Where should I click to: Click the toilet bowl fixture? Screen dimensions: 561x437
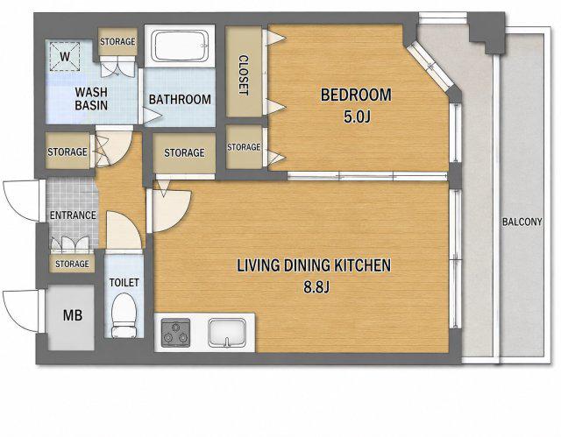click(x=124, y=315)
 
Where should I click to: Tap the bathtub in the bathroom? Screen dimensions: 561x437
click(x=180, y=46)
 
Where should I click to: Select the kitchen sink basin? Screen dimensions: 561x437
click(x=227, y=333)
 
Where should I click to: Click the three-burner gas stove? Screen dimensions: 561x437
click(x=175, y=332)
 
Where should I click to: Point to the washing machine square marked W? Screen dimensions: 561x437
click(x=65, y=56)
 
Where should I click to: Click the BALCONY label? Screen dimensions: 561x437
click(x=522, y=222)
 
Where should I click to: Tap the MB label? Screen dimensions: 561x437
click(x=73, y=315)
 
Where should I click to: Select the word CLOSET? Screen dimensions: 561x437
click(x=244, y=74)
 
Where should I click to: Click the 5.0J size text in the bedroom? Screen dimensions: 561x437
click(x=357, y=116)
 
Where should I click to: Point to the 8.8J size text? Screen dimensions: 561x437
click(x=316, y=286)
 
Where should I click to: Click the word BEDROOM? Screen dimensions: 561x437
click(x=356, y=95)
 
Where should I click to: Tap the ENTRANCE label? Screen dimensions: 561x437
click(x=73, y=215)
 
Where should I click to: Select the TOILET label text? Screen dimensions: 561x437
click(x=124, y=283)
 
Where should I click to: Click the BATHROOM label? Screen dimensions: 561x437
click(x=180, y=99)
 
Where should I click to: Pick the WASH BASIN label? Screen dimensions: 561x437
click(x=91, y=99)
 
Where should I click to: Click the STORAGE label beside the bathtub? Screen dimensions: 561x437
click(x=117, y=42)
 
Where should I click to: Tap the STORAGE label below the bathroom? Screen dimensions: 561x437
click(x=184, y=153)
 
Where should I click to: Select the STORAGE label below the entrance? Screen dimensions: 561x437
click(x=72, y=264)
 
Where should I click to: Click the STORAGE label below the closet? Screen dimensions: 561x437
click(x=244, y=147)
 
